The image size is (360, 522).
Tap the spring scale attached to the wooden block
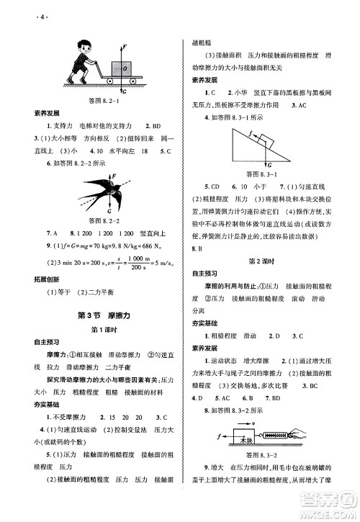click(x=282, y=437)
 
